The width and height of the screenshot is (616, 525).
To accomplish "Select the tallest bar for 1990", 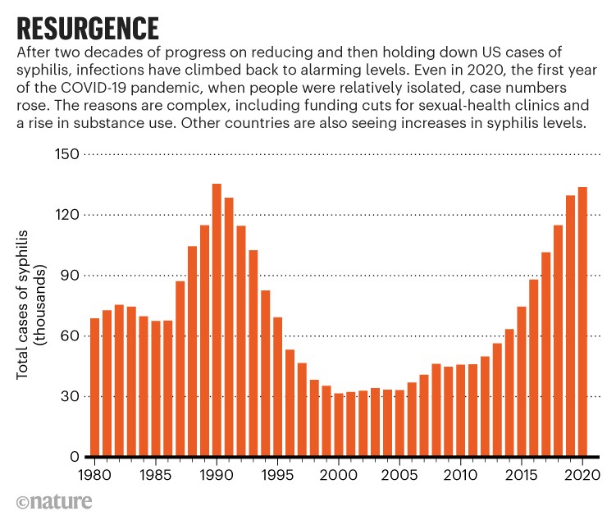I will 217,320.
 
